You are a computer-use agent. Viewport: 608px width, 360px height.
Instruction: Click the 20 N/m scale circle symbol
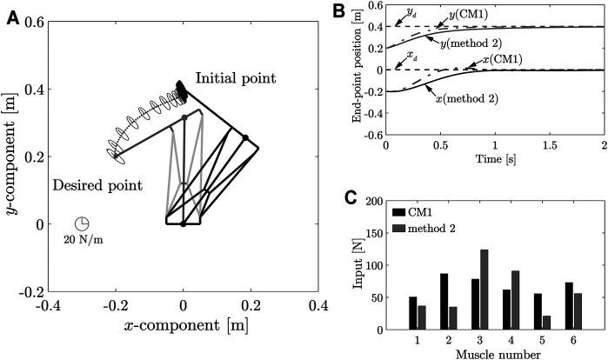[82, 223]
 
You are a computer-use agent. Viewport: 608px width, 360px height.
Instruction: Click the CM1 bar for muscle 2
[444, 301]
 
